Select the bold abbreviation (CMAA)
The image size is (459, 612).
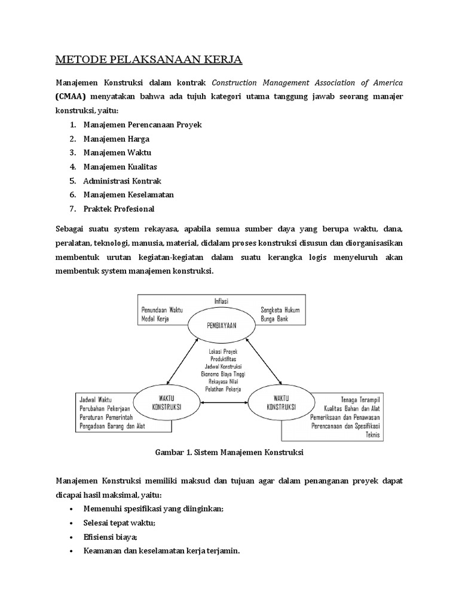pos(71,97)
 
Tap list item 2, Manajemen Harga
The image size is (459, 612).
pos(117,139)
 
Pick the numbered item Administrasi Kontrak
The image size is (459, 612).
pos(123,180)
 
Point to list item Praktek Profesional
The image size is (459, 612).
pos(119,209)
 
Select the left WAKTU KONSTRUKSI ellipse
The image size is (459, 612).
pos(167,405)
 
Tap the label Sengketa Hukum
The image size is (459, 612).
pos(280,310)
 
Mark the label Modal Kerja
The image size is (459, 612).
pos(155,320)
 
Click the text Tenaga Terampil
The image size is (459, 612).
pos(362,399)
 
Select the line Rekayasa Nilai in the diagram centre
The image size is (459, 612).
pos(223,381)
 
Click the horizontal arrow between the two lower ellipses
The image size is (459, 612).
pos(224,405)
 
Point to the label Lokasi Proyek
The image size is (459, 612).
pos(223,352)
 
